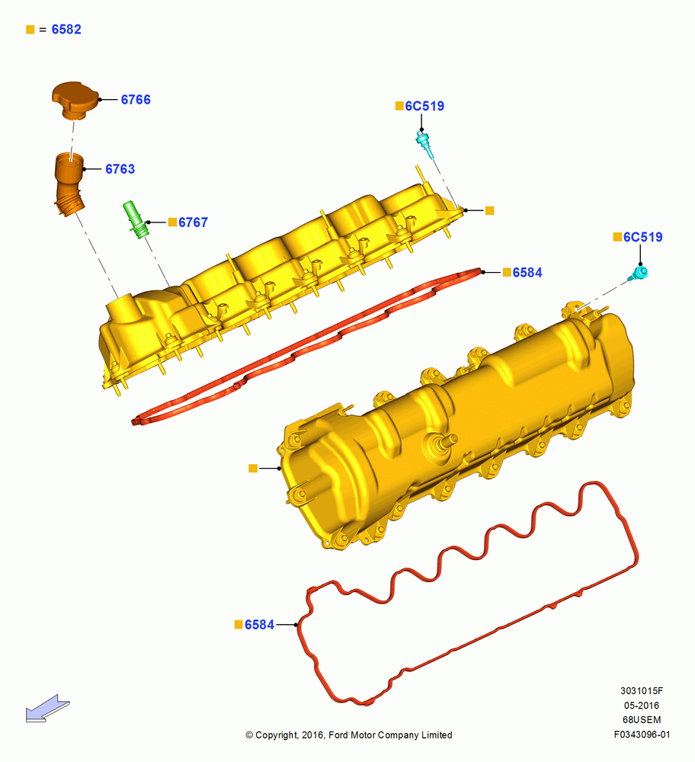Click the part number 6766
[136, 100]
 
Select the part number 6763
[120, 169]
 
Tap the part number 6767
[193, 223]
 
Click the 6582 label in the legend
[66, 30]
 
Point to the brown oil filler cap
[75, 100]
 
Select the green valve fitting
[135, 219]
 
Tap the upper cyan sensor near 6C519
[424, 144]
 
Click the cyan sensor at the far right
[638, 274]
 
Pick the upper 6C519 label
[424, 106]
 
